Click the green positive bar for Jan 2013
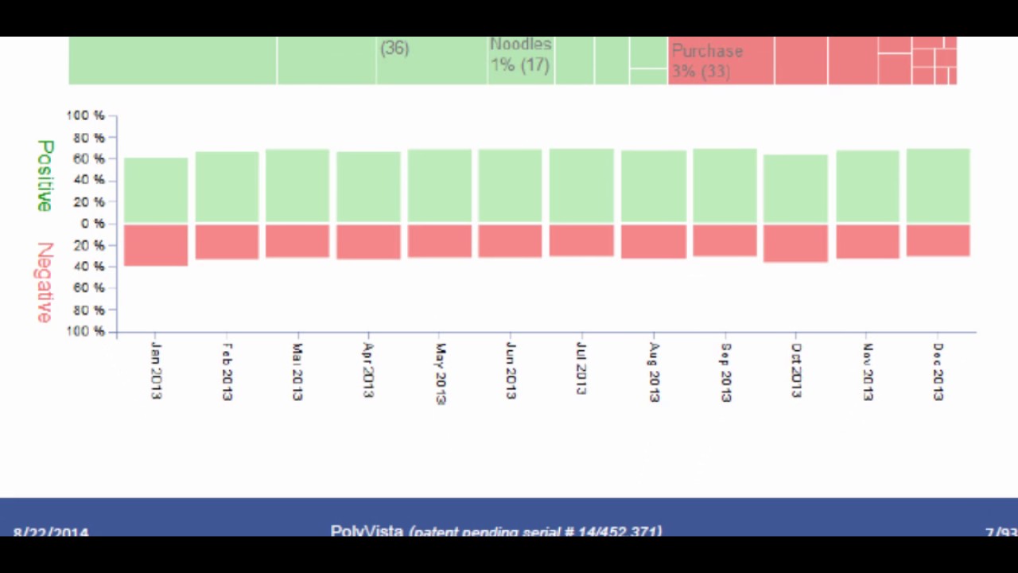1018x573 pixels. click(x=156, y=190)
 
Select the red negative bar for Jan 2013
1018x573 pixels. click(x=156, y=245)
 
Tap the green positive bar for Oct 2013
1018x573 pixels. click(x=795, y=189)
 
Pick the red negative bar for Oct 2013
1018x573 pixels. click(x=795, y=244)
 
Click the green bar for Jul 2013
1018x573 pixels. click(x=581, y=185)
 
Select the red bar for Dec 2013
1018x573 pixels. click(x=938, y=240)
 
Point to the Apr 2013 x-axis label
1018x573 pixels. click(x=368, y=370)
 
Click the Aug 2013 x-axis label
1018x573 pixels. click(x=654, y=372)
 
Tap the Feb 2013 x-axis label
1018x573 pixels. click(x=227, y=372)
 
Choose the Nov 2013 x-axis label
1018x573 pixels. click(x=868, y=372)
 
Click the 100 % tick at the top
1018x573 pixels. click(x=85, y=116)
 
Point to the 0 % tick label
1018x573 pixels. click(x=92, y=224)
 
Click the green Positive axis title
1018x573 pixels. click(x=45, y=175)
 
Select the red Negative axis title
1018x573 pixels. click(x=45, y=282)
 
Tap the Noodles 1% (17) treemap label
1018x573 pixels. click(x=520, y=55)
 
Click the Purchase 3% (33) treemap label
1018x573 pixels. click(x=707, y=60)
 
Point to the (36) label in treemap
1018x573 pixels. click(x=394, y=49)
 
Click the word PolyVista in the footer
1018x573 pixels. click(x=367, y=530)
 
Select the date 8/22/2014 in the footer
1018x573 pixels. click(x=50, y=532)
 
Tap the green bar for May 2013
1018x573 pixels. click(x=440, y=185)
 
